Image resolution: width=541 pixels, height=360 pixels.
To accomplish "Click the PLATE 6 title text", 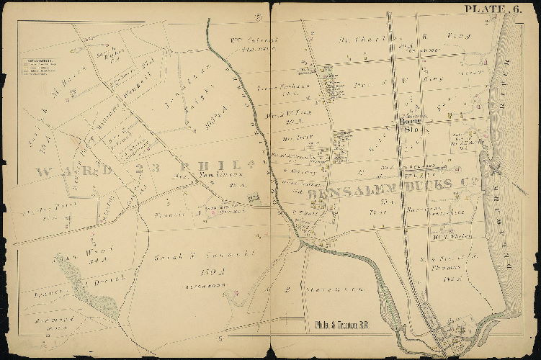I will tap(493, 9).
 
